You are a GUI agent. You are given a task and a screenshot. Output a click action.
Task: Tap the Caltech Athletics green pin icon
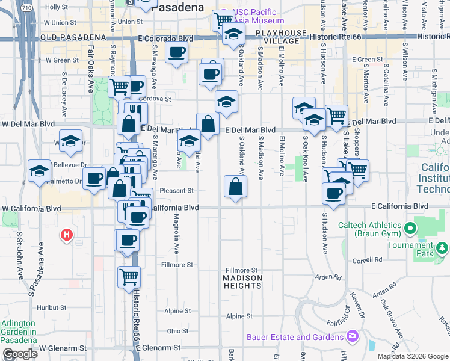pos(411,229)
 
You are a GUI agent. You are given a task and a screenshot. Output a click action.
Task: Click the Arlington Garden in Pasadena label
pos(18,331)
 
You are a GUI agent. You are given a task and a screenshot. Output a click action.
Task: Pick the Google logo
pos(20,354)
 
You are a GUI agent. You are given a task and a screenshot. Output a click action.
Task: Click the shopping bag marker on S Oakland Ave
pos(235,187)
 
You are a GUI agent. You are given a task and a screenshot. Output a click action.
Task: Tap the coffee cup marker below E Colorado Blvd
pos(176,53)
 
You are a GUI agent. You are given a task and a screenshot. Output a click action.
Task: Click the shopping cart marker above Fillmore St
pos(129,277)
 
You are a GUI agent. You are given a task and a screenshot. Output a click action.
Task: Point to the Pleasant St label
pos(179,191)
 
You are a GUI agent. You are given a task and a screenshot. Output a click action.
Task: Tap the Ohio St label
pos(177,331)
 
